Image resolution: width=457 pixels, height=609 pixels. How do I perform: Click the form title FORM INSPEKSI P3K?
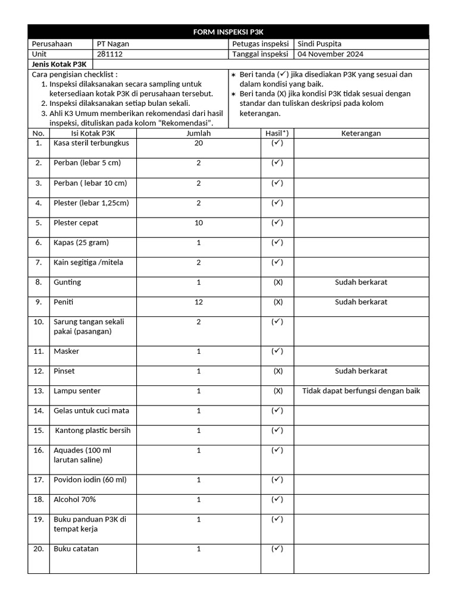tap(228, 32)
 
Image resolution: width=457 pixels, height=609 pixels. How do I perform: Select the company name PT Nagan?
tap(113, 44)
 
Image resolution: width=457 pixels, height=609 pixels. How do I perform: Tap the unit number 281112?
tap(111, 54)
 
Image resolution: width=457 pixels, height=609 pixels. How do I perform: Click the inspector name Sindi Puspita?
tap(320, 44)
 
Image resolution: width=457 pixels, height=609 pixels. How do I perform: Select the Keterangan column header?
tap(361, 133)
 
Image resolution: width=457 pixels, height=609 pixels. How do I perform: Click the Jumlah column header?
tap(198, 133)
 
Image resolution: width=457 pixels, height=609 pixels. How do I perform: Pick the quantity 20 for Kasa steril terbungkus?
tap(198, 143)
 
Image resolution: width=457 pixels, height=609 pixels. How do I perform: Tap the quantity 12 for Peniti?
tap(198, 302)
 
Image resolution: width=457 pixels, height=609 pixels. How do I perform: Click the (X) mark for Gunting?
tap(277, 282)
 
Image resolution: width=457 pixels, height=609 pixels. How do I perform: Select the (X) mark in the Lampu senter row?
tap(277, 391)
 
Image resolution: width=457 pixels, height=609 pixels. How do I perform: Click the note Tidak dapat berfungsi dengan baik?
tap(361, 391)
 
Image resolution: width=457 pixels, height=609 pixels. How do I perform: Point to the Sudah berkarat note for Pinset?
tap(361, 371)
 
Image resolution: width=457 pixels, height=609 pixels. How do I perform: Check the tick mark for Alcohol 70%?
tap(277, 500)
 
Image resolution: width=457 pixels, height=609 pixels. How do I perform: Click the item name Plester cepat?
tap(76, 223)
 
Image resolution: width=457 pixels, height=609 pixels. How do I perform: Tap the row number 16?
tap(39, 450)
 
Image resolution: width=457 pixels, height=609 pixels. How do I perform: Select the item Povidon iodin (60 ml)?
tap(90, 480)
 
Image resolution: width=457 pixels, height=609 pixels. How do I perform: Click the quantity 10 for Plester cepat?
tap(198, 223)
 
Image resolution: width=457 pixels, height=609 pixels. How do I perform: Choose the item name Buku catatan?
tap(76, 549)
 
